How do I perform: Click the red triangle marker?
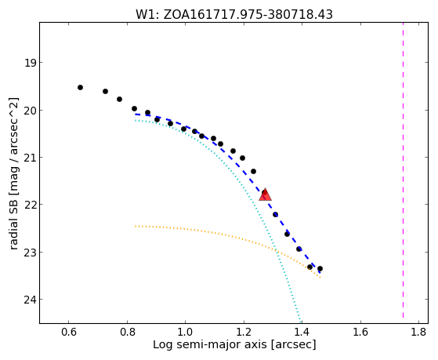click(x=265, y=195)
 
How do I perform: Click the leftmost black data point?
click(x=80, y=88)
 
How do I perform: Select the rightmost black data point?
click(x=320, y=268)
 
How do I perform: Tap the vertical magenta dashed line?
click(x=403, y=170)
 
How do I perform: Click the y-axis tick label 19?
click(x=30, y=63)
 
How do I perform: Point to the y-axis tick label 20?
click(x=30, y=111)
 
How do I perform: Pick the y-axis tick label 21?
click(x=30, y=157)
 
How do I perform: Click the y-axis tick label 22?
click(x=30, y=205)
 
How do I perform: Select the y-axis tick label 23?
click(x=30, y=252)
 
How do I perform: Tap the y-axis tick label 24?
click(x=30, y=300)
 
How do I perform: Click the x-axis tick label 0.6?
click(x=69, y=332)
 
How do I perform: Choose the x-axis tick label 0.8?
click(x=127, y=332)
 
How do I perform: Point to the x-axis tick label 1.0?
click(x=186, y=332)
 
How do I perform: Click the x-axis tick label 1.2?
click(x=244, y=332)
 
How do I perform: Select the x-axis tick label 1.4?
click(x=302, y=332)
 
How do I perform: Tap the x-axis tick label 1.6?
click(x=360, y=332)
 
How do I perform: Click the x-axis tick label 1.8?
click(x=418, y=332)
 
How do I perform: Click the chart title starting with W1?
click(x=234, y=15)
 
